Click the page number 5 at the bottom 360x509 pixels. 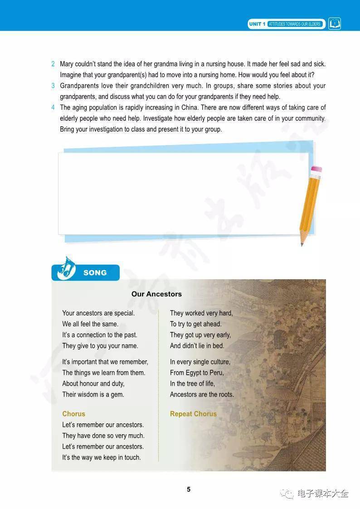tap(189, 490)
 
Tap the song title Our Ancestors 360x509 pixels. tap(156, 294)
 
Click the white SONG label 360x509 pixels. tap(95, 273)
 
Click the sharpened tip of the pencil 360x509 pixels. tap(302, 244)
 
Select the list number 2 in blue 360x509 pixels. tap(53, 64)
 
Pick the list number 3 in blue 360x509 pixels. tap(53, 86)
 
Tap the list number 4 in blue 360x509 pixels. tap(53, 108)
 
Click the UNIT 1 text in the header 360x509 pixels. tap(257, 24)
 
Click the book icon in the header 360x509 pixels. tap(335, 24)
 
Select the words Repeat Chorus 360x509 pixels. tap(193, 414)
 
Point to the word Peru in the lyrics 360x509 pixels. tap(217, 373)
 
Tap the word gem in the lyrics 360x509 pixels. tap(117, 395)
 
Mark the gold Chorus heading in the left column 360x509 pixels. tap(73, 414)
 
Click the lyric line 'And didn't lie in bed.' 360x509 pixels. tap(197, 346)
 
